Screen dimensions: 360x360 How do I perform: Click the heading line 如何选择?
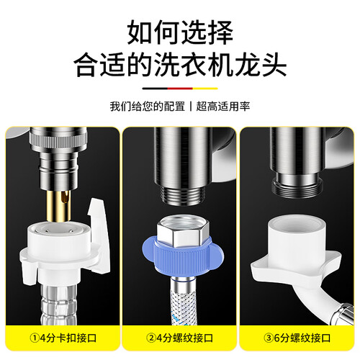[180, 32]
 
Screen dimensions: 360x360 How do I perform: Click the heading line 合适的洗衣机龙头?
[180, 65]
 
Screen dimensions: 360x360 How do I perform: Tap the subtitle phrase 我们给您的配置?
[148, 107]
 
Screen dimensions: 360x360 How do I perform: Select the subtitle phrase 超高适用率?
[223, 107]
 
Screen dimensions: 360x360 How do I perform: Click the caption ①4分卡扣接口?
[63, 338]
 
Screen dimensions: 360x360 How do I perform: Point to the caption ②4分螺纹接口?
[179, 338]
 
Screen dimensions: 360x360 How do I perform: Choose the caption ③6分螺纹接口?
[297, 338]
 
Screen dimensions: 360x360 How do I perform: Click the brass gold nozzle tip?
[58, 206]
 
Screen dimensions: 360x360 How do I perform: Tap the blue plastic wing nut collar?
[182, 254]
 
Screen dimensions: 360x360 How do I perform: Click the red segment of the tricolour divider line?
[180, 89]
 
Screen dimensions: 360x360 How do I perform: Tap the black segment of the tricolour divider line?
[155, 89]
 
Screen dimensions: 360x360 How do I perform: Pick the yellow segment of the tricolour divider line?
[205, 89]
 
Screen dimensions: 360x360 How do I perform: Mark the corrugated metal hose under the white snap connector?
[58, 305]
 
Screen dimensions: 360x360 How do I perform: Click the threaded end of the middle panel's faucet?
[182, 196]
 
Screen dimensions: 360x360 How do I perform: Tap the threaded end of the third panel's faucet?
[297, 186]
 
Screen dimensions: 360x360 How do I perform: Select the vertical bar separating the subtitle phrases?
[191, 107]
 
